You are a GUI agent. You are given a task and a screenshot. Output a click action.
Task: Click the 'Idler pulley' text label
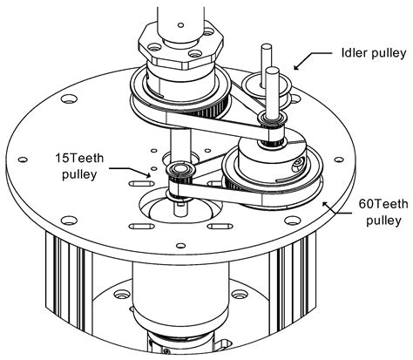pyautogui.click(x=369, y=53)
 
